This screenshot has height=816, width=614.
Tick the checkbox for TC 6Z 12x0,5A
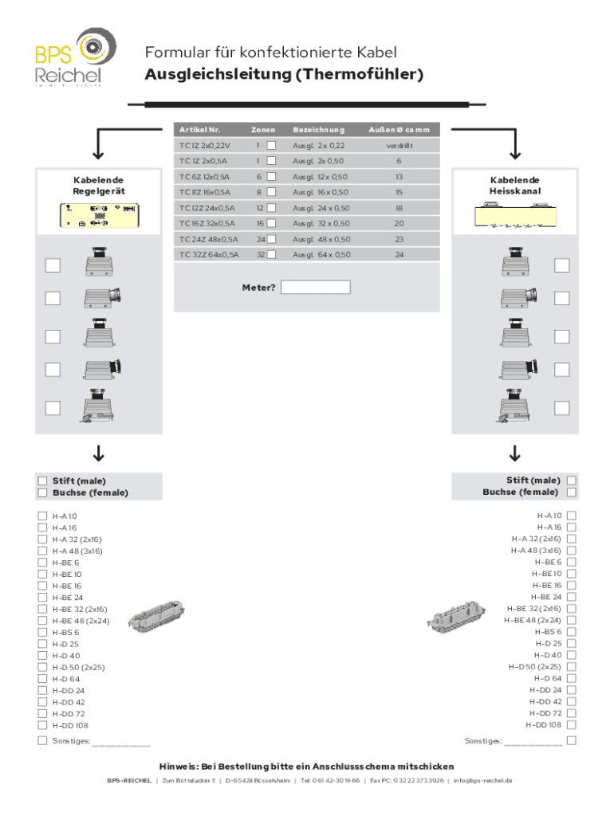(271, 176)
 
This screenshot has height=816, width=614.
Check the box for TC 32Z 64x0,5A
(271, 254)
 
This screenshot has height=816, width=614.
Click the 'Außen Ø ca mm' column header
(399, 129)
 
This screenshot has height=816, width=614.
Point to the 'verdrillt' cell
(399, 145)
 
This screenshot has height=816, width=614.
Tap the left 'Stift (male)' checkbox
(42, 481)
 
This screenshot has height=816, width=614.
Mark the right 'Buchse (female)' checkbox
(571, 492)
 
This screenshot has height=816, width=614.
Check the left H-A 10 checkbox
(42, 516)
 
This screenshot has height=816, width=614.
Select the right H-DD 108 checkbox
(571, 725)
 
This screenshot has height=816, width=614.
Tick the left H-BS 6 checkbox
(42, 632)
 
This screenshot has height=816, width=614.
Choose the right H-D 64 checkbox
(571, 678)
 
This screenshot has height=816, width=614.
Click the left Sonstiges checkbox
(42, 741)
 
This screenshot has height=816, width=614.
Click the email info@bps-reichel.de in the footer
(483, 780)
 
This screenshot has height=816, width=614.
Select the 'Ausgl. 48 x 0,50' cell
(321, 239)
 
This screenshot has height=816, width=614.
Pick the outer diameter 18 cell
(399, 207)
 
